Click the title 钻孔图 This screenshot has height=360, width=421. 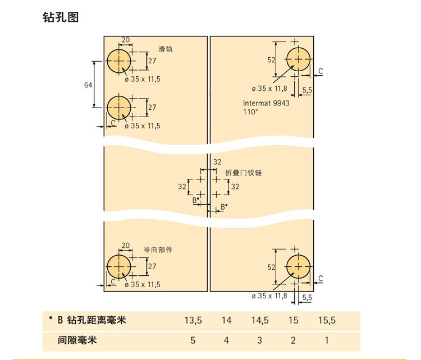pyautogui.click(x=61, y=17)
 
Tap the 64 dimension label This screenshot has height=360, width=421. pyautogui.click(x=88, y=85)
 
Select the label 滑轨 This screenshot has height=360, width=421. pyautogui.click(x=166, y=49)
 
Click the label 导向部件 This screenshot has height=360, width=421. pyautogui.click(x=158, y=250)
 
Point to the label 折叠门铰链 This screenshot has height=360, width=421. pyautogui.click(x=243, y=173)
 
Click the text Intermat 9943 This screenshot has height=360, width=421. pyautogui.click(x=266, y=103)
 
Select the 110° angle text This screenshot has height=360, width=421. pyautogui.click(x=250, y=112)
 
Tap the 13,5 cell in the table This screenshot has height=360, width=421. pyautogui.click(x=193, y=320)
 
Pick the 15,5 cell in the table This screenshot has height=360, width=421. pyautogui.click(x=327, y=320)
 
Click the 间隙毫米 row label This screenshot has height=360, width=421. pyautogui.click(x=77, y=340)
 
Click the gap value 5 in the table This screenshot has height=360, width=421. pyautogui.click(x=193, y=340)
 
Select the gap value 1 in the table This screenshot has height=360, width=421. pyautogui.click(x=327, y=340)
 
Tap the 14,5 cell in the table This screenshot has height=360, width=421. pyautogui.click(x=260, y=320)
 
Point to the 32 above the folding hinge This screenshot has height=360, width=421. pyautogui.click(x=217, y=162)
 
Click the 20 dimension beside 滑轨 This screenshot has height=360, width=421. pyautogui.click(x=126, y=40)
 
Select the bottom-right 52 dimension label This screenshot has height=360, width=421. pyautogui.click(x=272, y=267)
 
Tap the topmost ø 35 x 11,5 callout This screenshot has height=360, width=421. pyautogui.click(x=143, y=80)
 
